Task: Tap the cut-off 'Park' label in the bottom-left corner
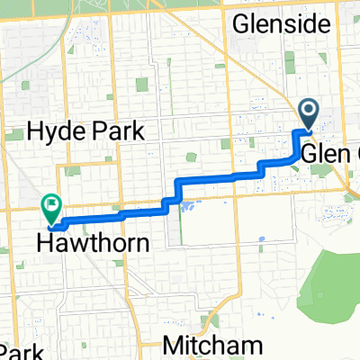coord(18,351)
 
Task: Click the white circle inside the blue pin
coord(308,110)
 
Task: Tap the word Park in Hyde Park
coord(121,132)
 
